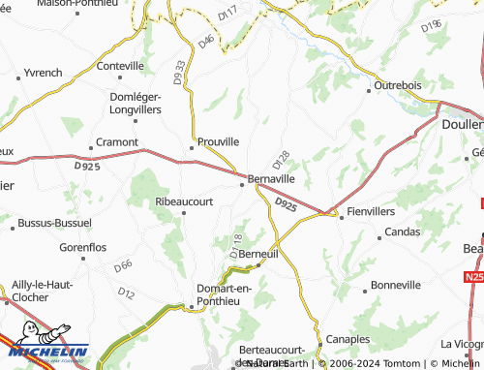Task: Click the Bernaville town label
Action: click(271, 179)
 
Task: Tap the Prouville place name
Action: click(218, 141)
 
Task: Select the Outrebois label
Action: click(398, 85)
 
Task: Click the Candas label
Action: click(402, 232)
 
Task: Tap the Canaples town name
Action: click(347, 339)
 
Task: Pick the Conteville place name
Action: click(120, 66)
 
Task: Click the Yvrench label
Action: click(43, 73)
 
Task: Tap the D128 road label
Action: click(282, 158)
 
